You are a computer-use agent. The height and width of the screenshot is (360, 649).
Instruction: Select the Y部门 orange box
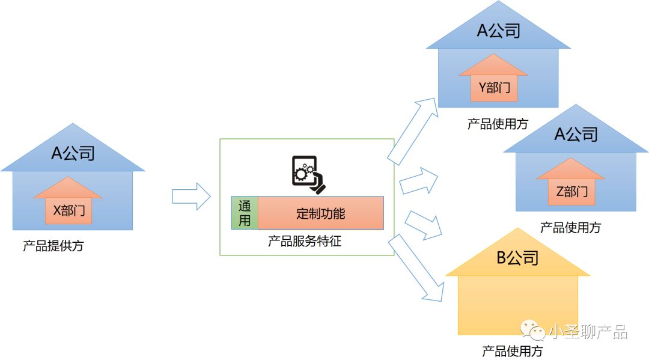point(493,88)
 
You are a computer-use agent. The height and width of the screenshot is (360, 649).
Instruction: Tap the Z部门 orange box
point(571,192)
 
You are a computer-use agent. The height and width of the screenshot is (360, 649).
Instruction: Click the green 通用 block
point(245,213)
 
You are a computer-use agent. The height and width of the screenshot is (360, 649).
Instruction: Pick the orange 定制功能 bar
point(321,213)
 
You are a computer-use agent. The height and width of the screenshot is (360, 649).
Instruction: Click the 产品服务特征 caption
point(305,242)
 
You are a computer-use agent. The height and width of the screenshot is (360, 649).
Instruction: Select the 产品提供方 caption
point(53,246)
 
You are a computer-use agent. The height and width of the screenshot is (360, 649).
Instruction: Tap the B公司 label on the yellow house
point(517,258)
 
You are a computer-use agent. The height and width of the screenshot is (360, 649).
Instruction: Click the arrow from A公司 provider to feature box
point(191,197)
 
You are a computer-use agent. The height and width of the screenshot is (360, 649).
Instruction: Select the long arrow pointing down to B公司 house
point(417,268)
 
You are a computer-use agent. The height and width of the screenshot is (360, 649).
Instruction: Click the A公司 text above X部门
point(73,153)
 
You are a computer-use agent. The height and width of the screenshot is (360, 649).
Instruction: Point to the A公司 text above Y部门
point(498,31)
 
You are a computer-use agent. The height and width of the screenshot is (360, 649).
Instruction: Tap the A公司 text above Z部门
point(575,134)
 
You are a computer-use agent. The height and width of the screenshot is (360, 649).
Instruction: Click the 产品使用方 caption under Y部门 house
point(498,124)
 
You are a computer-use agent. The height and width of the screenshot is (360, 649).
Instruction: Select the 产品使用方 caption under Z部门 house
point(570,228)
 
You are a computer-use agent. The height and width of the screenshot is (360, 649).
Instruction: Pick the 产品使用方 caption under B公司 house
point(512,351)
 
